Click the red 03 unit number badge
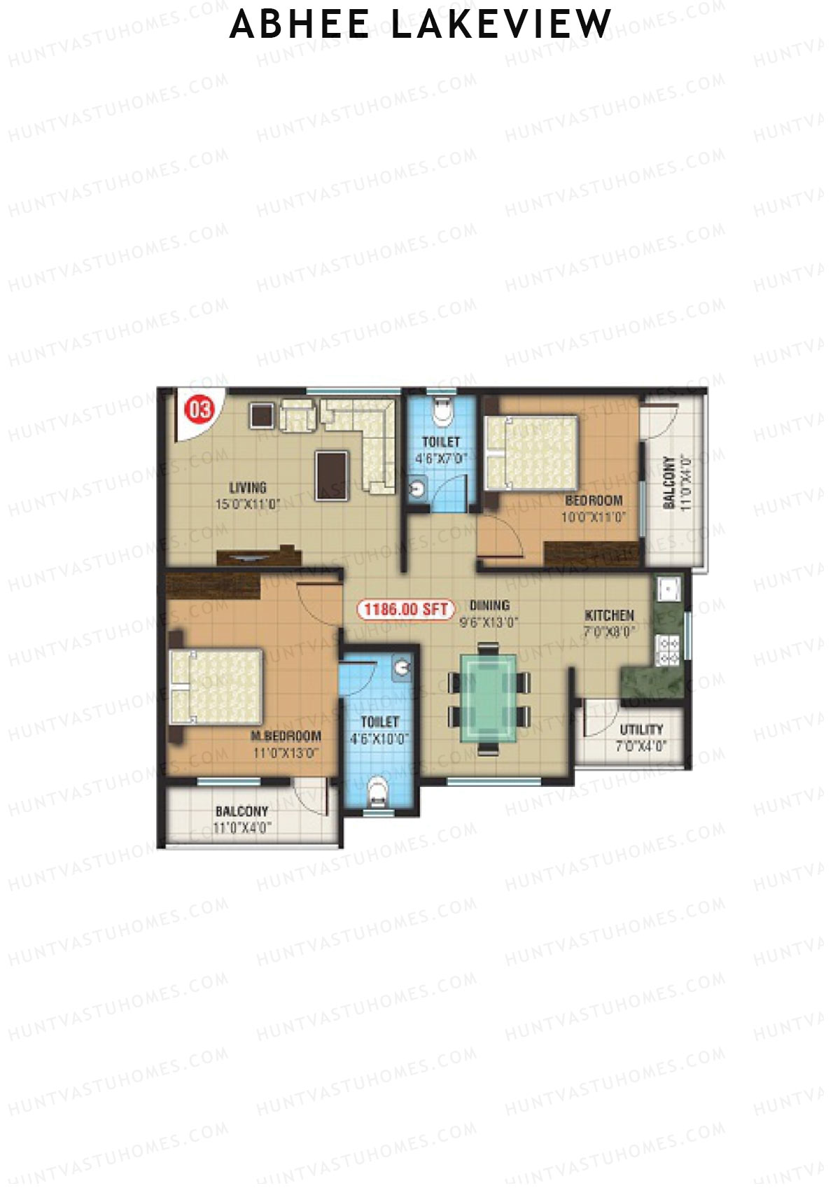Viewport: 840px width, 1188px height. (x=199, y=409)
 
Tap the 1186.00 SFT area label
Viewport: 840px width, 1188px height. (x=405, y=609)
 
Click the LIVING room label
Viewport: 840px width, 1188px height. (x=248, y=487)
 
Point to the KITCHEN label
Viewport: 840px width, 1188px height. (x=609, y=615)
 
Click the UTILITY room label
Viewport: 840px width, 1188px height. (x=640, y=729)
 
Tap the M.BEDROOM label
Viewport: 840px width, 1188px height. (x=286, y=736)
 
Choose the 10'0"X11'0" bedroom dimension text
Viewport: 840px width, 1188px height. (x=594, y=517)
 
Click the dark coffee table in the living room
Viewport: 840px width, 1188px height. (x=332, y=475)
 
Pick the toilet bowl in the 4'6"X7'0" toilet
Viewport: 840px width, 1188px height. (x=442, y=412)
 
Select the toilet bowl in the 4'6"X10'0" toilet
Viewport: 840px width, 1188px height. (x=377, y=792)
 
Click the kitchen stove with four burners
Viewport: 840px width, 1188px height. (x=667, y=650)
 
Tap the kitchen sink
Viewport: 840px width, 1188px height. (x=668, y=589)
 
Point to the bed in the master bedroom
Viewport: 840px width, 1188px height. (x=216, y=686)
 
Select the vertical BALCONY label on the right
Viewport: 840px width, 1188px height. (x=669, y=483)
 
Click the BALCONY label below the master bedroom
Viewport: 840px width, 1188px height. (x=241, y=811)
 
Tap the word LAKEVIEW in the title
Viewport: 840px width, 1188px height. (x=501, y=24)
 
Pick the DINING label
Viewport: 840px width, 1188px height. (x=489, y=606)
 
